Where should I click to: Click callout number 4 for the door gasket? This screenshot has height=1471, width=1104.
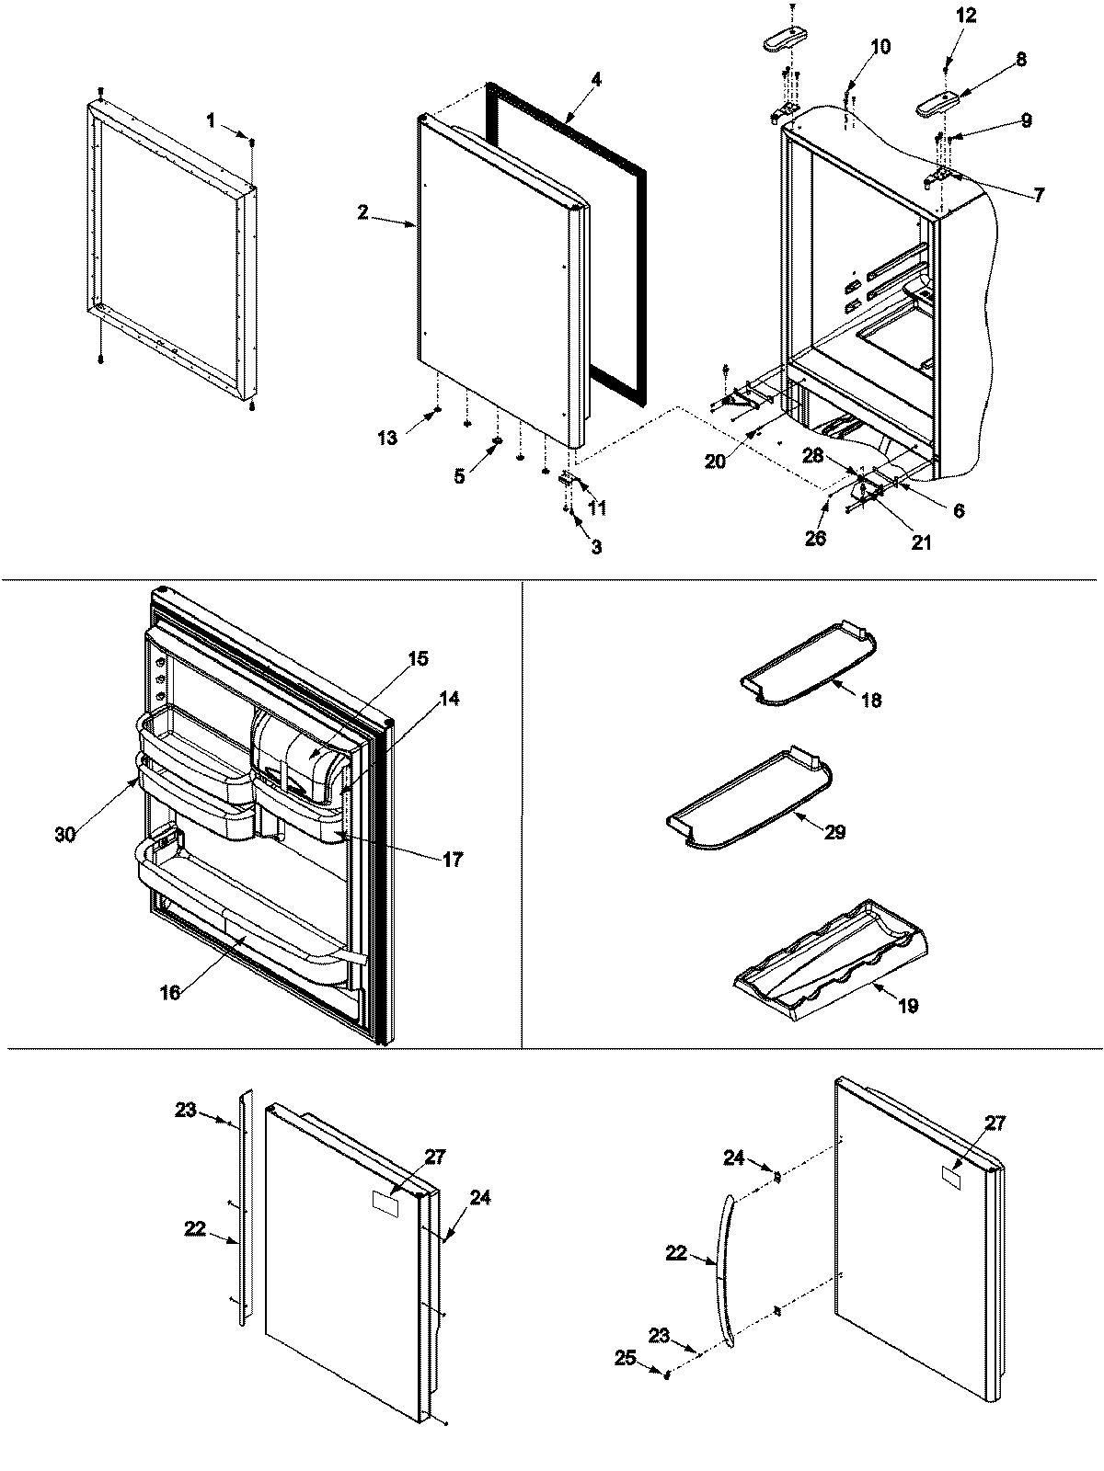[596, 79]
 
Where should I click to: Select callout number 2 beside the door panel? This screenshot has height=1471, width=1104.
[363, 212]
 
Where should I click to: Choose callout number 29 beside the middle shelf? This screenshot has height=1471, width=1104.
[834, 832]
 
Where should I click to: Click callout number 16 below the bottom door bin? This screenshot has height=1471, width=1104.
[170, 991]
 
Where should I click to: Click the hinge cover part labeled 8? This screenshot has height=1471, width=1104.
[938, 101]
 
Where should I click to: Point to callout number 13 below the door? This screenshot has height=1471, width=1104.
[387, 438]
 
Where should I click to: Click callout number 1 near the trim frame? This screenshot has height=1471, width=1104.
[211, 120]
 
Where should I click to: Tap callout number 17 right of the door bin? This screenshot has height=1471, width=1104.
[452, 860]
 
